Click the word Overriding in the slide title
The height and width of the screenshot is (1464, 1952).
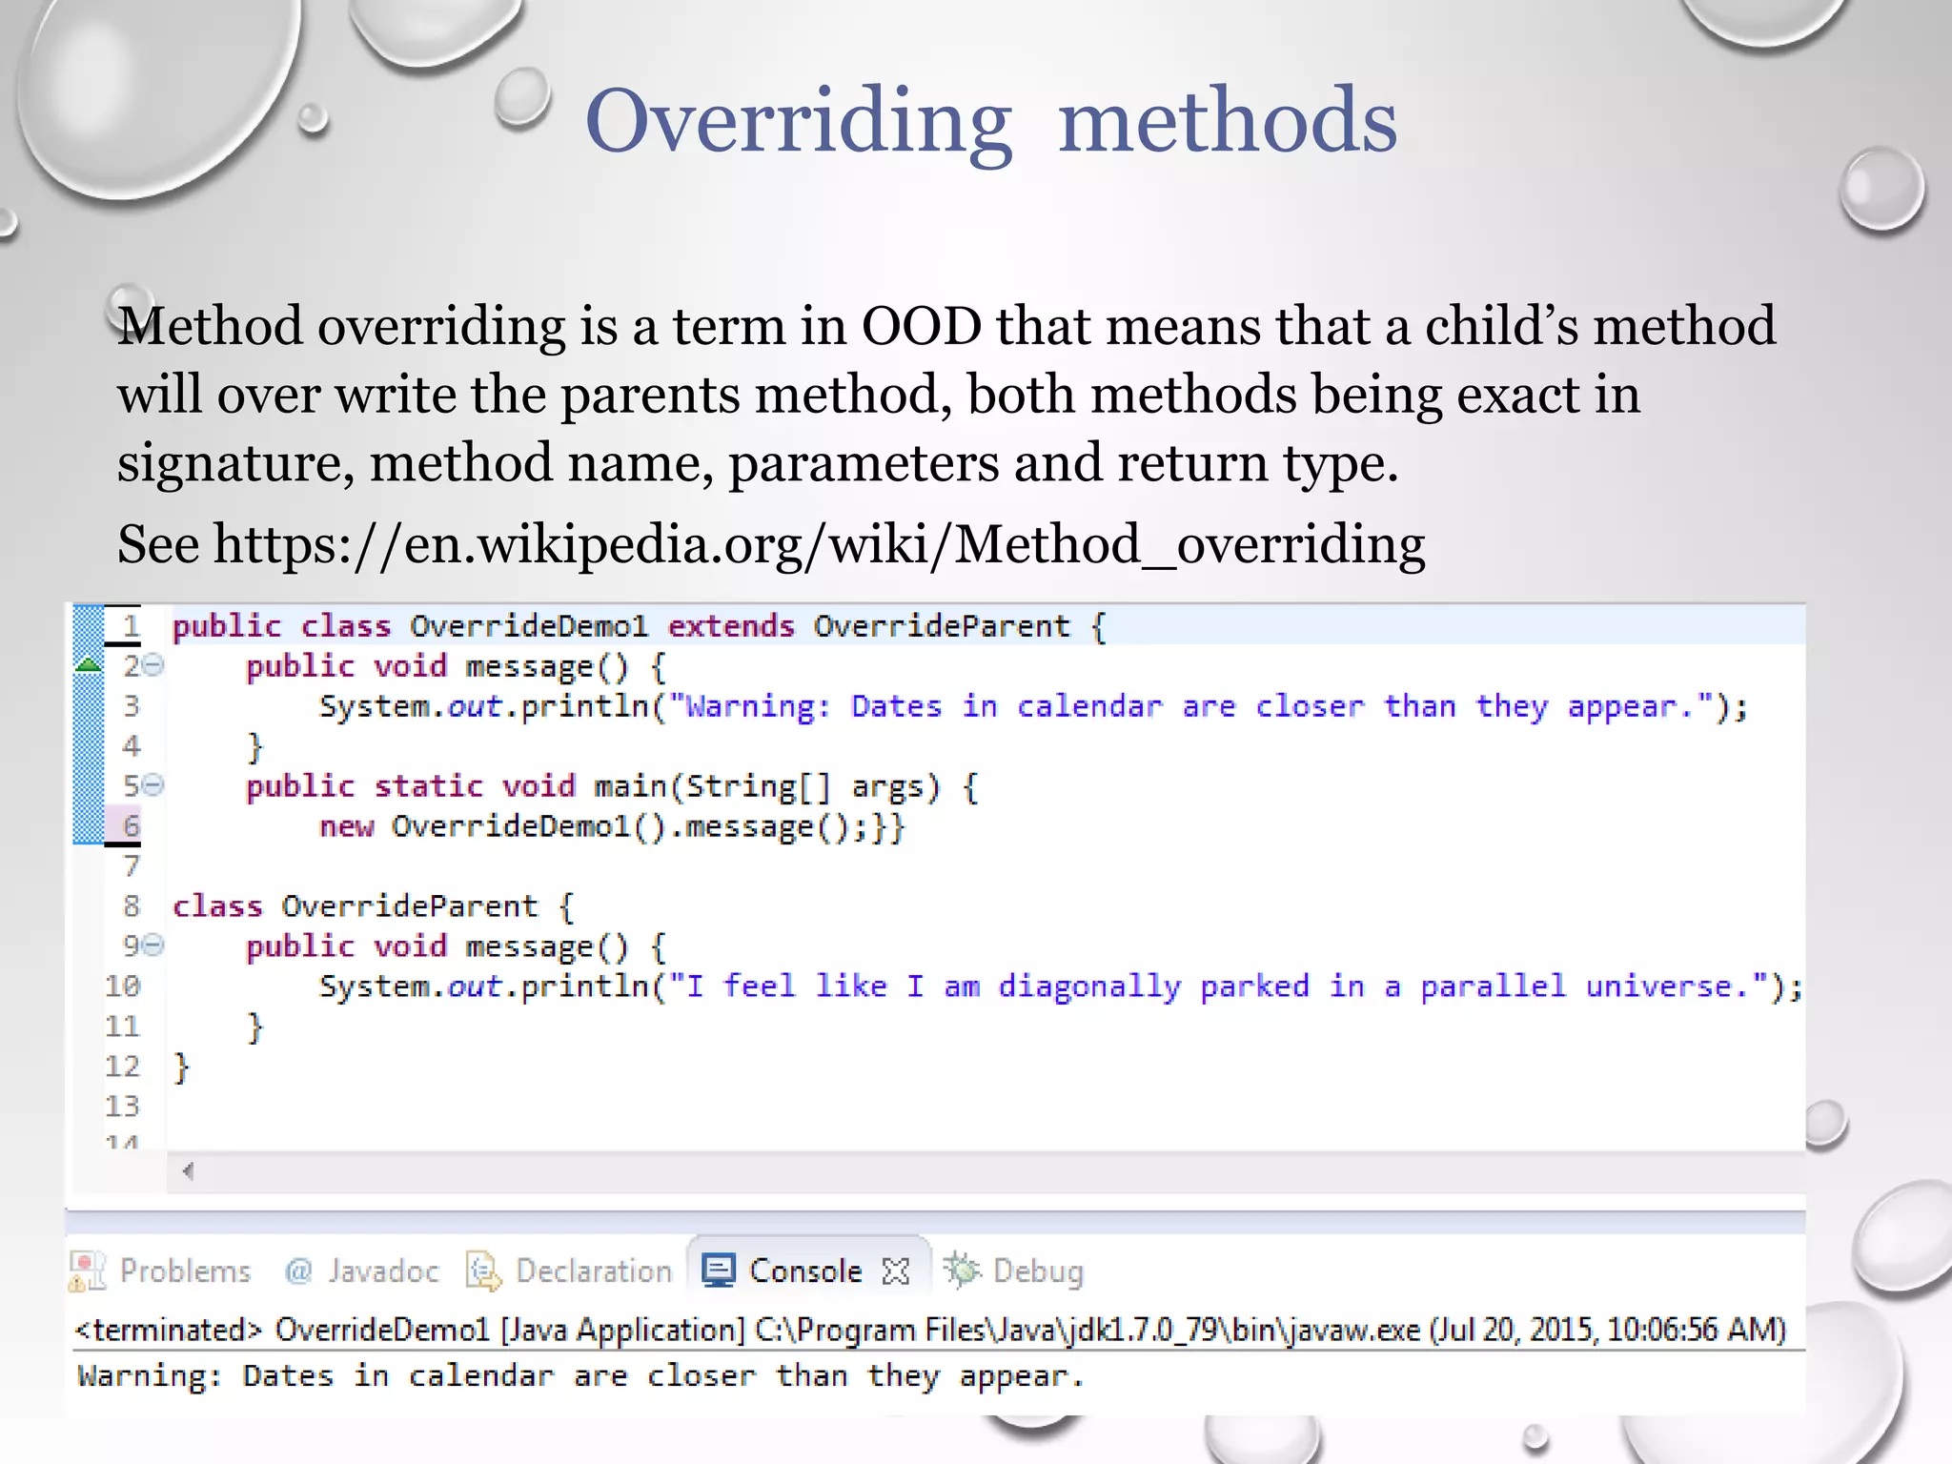pyautogui.click(x=798, y=122)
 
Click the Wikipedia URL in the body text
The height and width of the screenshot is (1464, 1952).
pyautogui.click(x=819, y=545)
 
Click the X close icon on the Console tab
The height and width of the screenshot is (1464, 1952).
pyautogui.click(x=896, y=1271)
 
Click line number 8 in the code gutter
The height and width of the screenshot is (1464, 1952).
pyautogui.click(x=131, y=905)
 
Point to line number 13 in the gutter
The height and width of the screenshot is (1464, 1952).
pyautogui.click(x=122, y=1106)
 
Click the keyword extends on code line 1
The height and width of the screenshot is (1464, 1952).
pyautogui.click(x=730, y=626)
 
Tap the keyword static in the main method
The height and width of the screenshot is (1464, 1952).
pyautogui.click(x=428, y=786)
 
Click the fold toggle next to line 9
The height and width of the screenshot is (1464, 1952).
pyautogui.click(x=154, y=945)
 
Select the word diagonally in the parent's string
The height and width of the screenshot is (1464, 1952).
pyautogui.click(x=1089, y=986)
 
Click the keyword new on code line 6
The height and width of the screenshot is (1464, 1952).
pyautogui.click(x=346, y=826)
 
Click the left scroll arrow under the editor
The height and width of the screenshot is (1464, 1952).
pyautogui.click(x=188, y=1171)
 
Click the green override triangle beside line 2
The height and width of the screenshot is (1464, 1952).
pyautogui.click(x=88, y=665)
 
